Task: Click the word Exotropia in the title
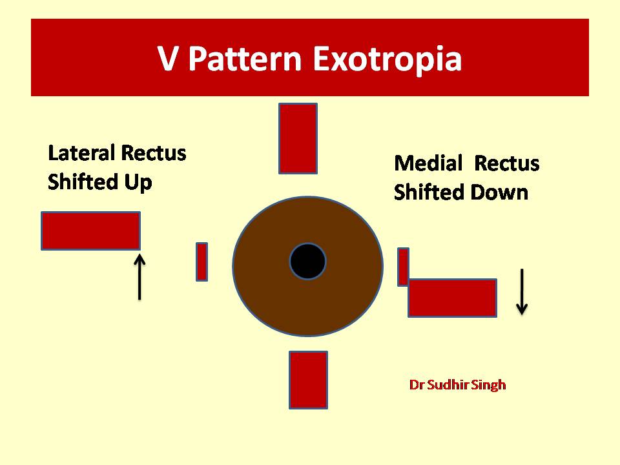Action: pos(387,59)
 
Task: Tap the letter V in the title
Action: pos(167,59)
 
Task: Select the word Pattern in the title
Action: pos(245,59)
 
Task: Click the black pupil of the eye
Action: pos(307,262)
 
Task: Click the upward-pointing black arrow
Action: pos(139,277)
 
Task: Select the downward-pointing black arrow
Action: pos(522,292)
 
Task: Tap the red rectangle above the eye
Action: pos(298,138)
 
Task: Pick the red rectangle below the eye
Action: pos(309,380)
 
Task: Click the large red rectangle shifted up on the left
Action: pos(91,231)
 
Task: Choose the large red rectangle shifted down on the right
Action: pos(452,298)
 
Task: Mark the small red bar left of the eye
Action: pos(201,262)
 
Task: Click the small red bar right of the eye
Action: pos(403,267)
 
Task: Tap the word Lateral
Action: pos(81,153)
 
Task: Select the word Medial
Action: pos(429,163)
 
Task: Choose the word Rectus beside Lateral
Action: pos(154,153)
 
